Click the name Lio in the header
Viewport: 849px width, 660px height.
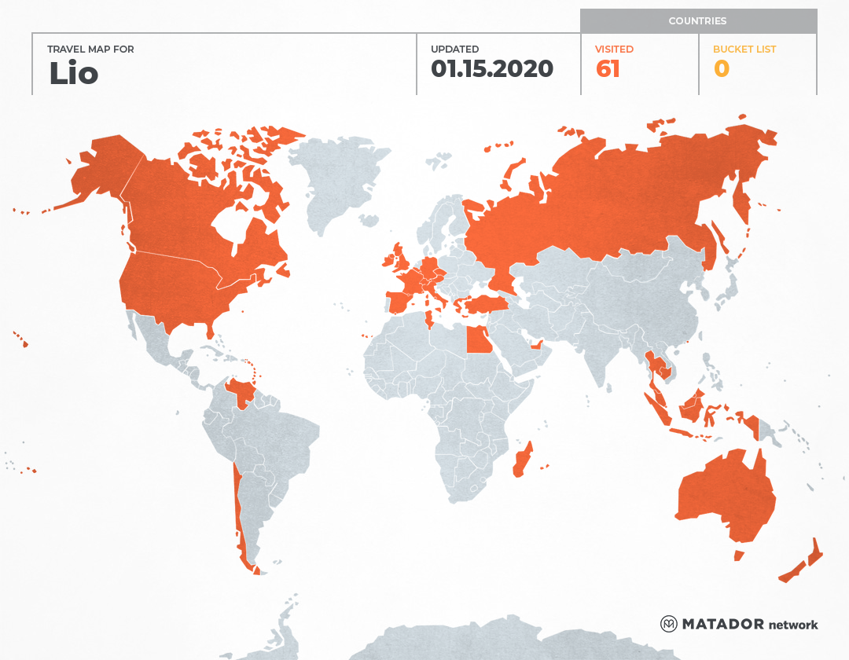coord(73,73)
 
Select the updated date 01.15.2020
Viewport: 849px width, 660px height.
coord(492,69)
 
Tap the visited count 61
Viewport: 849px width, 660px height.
coord(608,69)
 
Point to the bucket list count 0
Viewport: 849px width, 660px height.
coord(721,69)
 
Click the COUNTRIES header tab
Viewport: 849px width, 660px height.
coord(697,21)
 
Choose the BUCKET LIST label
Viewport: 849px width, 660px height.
coord(744,49)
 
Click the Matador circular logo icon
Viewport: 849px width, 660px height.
coord(668,624)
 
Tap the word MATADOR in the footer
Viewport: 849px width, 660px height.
coord(722,624)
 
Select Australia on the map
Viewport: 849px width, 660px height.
coord(723,495)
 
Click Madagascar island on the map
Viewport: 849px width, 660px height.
coord(523,460)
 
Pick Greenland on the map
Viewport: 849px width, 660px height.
coord(338,181)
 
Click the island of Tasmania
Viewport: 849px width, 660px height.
coord(738,555)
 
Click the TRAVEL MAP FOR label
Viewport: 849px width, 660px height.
coord(90,49)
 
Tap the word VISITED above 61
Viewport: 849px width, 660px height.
coord(614,49)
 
